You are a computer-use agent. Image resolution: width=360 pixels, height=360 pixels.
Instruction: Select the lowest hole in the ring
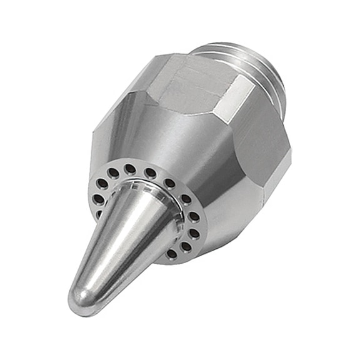171,254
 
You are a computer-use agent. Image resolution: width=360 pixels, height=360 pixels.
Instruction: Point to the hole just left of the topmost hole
114,172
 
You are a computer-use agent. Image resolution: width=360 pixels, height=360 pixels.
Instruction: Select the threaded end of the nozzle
250,62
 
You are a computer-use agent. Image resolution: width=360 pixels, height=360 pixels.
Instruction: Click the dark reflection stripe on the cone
144,250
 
